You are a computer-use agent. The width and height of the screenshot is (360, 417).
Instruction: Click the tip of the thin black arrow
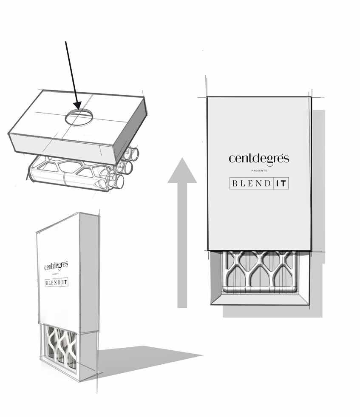78,108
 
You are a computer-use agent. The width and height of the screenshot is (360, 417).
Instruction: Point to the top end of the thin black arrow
66,41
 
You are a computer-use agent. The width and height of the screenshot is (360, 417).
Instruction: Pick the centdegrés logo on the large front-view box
259,159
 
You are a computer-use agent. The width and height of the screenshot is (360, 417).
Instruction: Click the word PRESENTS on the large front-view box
259,171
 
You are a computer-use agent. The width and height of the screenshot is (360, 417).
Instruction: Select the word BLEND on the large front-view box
251,184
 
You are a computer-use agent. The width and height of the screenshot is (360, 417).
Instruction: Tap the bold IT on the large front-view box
281,184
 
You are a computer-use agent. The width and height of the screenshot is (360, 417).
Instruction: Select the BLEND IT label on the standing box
57,282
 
